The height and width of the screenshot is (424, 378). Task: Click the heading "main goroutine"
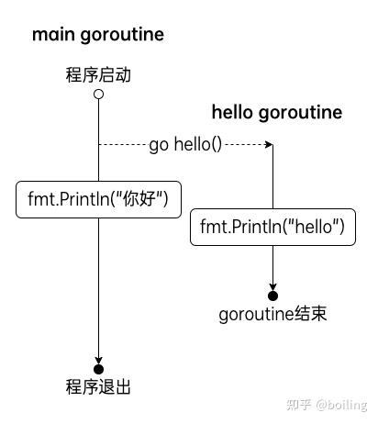tap(98, 35)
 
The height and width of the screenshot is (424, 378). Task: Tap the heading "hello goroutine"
tap(277, 113)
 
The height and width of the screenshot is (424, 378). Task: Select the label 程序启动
tap(98, 74)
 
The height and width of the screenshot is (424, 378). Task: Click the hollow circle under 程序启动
tap(98, 94)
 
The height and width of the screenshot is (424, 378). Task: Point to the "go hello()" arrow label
tap(185, 144)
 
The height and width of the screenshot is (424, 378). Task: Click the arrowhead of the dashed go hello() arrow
tap(269, 144)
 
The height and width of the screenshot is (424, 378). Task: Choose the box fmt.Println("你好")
tap(98, 198)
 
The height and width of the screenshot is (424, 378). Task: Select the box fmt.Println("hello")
tap(272, 227)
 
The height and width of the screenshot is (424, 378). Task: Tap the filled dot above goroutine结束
tap(272, 295)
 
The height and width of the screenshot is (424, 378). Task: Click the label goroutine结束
tap(272, 315)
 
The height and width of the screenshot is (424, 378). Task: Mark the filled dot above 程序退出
tap(98, 368)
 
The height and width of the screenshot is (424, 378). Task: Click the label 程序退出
tap(98, 387)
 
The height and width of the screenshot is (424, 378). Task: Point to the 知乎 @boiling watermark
tap(328, 405)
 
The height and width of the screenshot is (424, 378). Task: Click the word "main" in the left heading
tap(52, 35)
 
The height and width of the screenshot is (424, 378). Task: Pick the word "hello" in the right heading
tap(233, 113)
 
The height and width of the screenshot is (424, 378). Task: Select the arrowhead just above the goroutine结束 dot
tap(272, 285)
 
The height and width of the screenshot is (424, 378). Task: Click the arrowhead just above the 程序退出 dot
tap(98, 359)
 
